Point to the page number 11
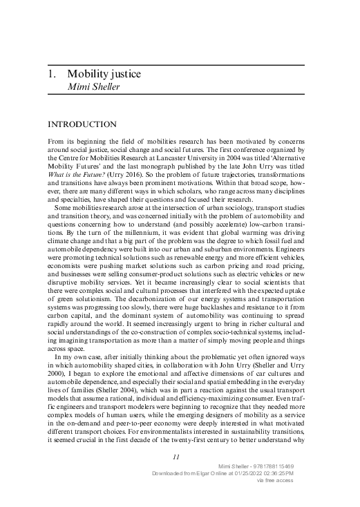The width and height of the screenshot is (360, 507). [x=176, y=456]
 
